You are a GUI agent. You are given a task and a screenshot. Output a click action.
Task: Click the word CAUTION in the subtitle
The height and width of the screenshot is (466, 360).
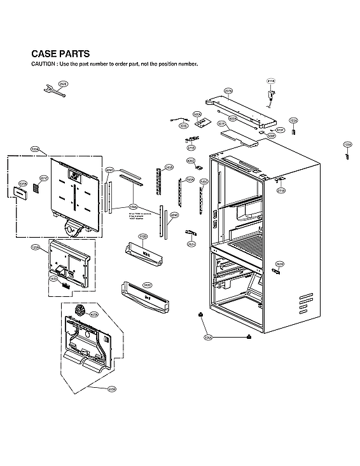(43, 64)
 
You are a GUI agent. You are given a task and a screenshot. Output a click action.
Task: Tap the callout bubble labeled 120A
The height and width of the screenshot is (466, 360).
(35, 149)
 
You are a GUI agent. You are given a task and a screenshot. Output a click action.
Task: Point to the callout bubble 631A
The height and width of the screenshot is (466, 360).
(22, 182)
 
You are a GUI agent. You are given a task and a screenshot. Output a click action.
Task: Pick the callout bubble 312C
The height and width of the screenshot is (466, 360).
(147, 285)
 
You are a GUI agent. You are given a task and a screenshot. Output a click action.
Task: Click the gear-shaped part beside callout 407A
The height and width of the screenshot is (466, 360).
(80, 310)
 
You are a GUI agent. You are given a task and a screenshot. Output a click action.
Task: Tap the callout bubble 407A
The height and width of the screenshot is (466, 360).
(94, 314)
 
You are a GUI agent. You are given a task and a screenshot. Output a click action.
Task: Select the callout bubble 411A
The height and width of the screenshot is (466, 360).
(270, 81)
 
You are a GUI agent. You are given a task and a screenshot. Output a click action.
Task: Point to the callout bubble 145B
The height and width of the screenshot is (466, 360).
(169, 167)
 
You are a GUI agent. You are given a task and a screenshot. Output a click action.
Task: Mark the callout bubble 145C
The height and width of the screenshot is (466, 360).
(204, 182)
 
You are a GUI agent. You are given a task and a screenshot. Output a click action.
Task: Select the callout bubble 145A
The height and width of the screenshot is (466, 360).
(190, 180)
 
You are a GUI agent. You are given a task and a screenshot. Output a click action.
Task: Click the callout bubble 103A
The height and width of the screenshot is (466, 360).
(293, 120)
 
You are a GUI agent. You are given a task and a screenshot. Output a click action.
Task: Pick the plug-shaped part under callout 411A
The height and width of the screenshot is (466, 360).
(271, 96)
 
